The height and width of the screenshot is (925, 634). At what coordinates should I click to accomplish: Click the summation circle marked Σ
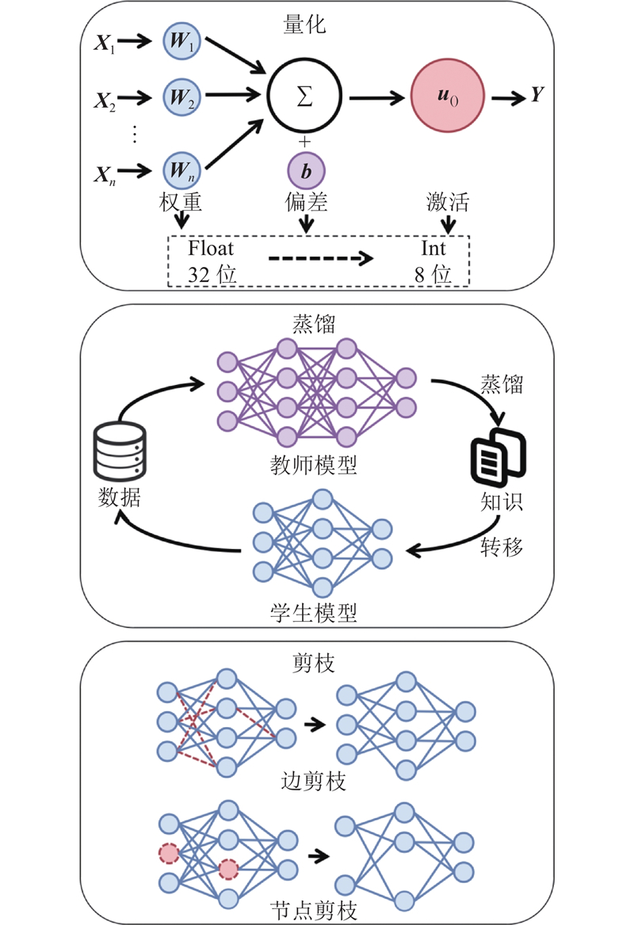306,96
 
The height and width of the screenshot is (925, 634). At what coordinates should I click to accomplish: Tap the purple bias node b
306,172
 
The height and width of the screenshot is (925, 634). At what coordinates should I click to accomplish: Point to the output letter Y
537,96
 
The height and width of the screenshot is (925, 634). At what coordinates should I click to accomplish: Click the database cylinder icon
119,451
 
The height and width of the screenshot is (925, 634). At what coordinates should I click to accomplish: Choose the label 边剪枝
315,782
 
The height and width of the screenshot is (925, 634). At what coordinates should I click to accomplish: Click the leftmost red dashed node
168,854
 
